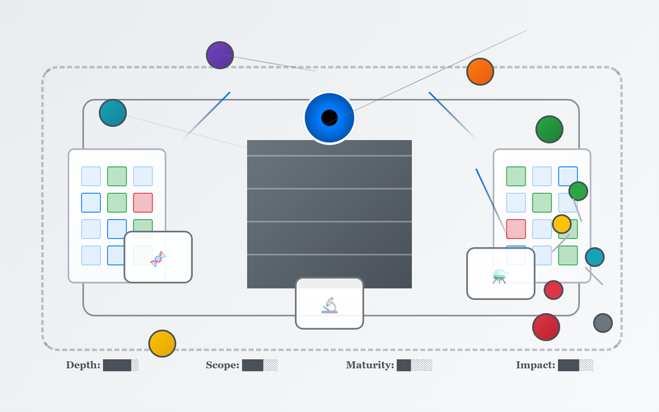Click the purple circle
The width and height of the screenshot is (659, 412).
pyautogui.click(x=220, y=55)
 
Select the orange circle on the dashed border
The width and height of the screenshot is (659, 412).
pyautogui.click(x=480, y=71)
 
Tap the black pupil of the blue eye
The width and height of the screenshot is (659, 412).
pyautogui.click(x=329, y=117)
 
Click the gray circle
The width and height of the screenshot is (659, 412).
pyautogui.click(x=603, y=323)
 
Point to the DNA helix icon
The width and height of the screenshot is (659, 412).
pyautogui.click(x=158, y=258)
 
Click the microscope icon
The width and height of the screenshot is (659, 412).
pyautogui.click(x=329, y=305)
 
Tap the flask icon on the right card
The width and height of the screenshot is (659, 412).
pyautogui.click(x=500, y=276)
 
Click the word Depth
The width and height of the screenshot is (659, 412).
pyautogui.click(x=82, y=365)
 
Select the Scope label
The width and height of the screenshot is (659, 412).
pyautogui.click(x=222, y=365)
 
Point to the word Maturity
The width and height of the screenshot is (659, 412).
pyautogui.click(x=369, y=365)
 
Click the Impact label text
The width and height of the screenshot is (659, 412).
pyautogui.click(x=535, y=365)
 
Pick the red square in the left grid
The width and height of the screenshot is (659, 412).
pyautogui.click(x=143, y=203)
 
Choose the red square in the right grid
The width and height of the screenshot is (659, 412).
pyautogui.click(x=516, y=229)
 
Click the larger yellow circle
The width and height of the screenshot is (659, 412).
pyautogui.click(x=162, y=343)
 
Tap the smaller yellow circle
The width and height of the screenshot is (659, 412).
pyautogui.click(x=562, y=224)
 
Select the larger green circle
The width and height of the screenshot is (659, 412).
pyautogui.click(x=549, y=129)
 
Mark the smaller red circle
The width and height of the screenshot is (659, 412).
pyautogui.click(x=553, y=290)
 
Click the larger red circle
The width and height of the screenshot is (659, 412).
pyautogui.click(x=546, y=327)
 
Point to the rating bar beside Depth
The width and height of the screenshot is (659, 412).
pyautogui.click(x=121, y=365)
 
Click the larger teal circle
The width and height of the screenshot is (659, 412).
pyautogui.click(x=113, y=113)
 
